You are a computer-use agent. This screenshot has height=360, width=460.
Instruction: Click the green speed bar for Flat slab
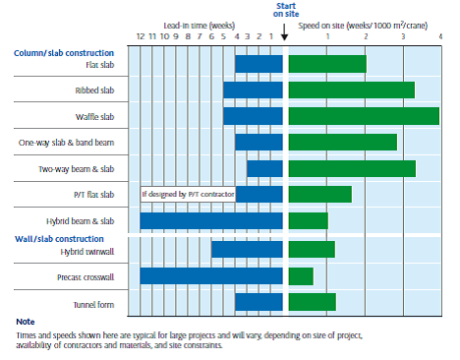click(326, 64)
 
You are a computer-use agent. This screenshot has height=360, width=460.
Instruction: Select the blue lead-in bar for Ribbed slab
click(253, 90)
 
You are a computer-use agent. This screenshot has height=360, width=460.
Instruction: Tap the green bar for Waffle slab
click(363, 116)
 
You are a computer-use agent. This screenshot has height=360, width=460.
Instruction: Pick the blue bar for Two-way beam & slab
click(264, 168)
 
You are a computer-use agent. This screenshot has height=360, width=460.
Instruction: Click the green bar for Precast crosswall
click(301, 275)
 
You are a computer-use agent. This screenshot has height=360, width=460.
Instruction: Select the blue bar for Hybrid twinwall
click(247, 250)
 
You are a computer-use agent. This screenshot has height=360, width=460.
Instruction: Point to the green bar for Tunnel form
click(312, 302)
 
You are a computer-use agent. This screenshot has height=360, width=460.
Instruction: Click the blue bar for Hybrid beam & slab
click(211, 221)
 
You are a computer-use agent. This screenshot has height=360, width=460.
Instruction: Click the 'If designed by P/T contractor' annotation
click(189, 194)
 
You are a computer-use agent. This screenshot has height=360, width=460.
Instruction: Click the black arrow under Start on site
click(285, 36)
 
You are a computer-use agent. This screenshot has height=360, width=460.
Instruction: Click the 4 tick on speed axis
click(440, 36)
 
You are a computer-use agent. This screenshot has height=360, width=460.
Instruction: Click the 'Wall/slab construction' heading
click(59, 238)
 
